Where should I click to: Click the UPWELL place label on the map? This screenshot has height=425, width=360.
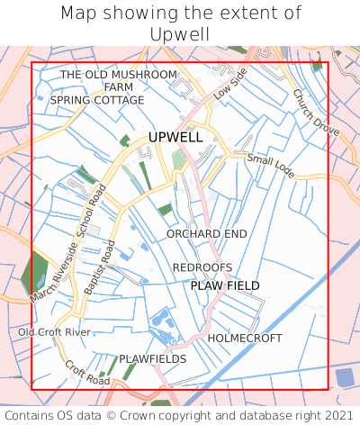tap(175, 137)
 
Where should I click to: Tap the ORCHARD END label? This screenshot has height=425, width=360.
tap(207, 234)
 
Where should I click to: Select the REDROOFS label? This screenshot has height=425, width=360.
tap(202, 267)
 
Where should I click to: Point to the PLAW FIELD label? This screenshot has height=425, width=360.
tap(225, 285)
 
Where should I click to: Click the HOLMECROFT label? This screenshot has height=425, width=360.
tap(245, 338)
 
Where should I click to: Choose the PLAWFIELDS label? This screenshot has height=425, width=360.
tap(153, 358)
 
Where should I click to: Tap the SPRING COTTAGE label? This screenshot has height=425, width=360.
tap(97, 100)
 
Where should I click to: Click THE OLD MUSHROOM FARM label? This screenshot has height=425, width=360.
tap(118, 80)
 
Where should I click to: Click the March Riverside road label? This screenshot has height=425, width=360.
tap(52, 274)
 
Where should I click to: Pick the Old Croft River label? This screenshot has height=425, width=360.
tap(55, 332)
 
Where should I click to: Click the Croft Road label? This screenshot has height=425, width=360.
tap(87, 374)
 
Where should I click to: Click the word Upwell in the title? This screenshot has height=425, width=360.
tap(180, 33)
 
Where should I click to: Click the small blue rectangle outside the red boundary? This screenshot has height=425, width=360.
tap(344, 376)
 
